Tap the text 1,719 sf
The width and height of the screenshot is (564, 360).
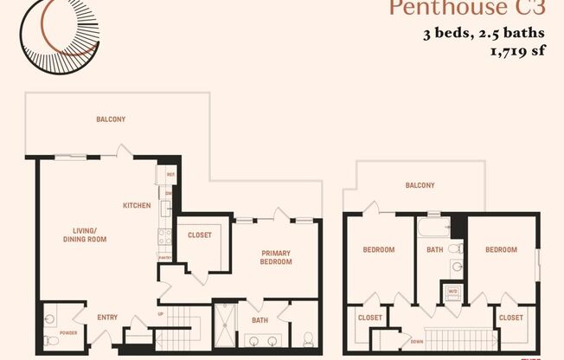[x=518, y=51]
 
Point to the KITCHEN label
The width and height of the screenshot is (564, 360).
[x=137, y=206]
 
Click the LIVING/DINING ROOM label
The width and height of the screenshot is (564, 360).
[x=84, y=235]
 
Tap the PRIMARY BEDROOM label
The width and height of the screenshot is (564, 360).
[x=276, y=257]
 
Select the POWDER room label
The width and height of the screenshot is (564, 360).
[x=68, y=332]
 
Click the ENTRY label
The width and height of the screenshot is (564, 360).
[x=107, y=318]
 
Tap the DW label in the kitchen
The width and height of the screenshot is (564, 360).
[x=170, y=193]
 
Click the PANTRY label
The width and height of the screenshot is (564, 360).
[x=163, y=257]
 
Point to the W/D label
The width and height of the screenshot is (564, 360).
[x=452, y=292]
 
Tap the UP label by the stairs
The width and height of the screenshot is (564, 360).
[x=160, y=313]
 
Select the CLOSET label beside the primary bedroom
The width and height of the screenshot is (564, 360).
[x=199, y=234]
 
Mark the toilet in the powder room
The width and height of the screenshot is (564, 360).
[x=51, y=341]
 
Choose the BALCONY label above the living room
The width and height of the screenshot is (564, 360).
[x=111, y=119]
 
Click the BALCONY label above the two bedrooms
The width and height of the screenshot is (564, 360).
[x=420, y=185]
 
